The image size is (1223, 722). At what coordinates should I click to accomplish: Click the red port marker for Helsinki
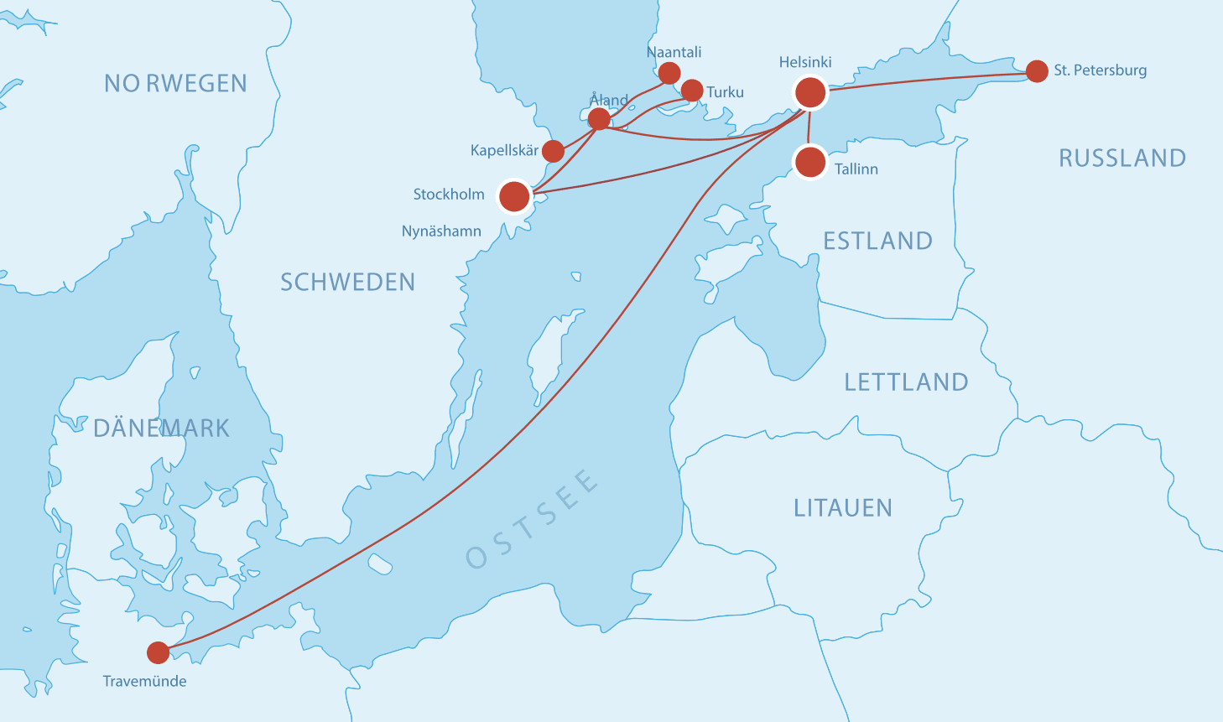pyautogui.click(x=810, y=91)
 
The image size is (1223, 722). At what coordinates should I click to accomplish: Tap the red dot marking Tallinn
pyautogui.click(x=810, y=161)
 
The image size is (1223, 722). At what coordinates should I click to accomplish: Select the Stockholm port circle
pyautogui.click(x=514, y=196)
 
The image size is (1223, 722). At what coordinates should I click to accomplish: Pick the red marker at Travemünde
pyautogui.click(x=158, y=652)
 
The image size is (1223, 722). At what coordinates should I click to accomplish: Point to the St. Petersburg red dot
pyautogui.click(x=1037, y=71)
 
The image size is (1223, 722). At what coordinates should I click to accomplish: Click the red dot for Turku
pyautogui.click(x=692, y=91)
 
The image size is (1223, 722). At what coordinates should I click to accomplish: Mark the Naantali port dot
pyautogui.click(x=669, y=73)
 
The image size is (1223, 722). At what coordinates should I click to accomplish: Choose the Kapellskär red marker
pyautogui.click(x=553, y=151)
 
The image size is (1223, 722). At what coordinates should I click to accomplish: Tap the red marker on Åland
pyautogui.click(x=599, y=119)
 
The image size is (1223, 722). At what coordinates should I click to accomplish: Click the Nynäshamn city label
pyautogui.click(x=441, y=231)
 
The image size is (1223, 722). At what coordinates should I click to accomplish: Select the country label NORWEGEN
pyautogui.click(x=175, y=83)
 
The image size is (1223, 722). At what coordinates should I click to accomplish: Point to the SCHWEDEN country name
pyautogui.click(x=347, y=282)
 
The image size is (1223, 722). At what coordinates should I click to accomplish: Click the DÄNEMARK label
pyautogui.click(x=161, y=428)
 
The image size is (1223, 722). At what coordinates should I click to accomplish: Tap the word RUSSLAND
pyautogui.click(x=1122, y=158)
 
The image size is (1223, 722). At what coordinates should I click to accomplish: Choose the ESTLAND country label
pyautogui.click(x=877, y=241)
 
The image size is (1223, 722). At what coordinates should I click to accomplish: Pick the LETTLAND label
pyautogui.click(x=906, y=382)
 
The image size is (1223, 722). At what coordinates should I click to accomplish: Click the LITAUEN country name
pyautogui.click(x=843, y=507)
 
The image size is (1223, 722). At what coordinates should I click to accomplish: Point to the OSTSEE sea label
pyautogui.click(x=532, y=519)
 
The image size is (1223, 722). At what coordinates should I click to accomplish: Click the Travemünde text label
pyautogui.click(x=144, y=681)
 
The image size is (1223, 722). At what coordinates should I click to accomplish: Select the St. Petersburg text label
pyautogui.click(x=1100, y=70)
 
